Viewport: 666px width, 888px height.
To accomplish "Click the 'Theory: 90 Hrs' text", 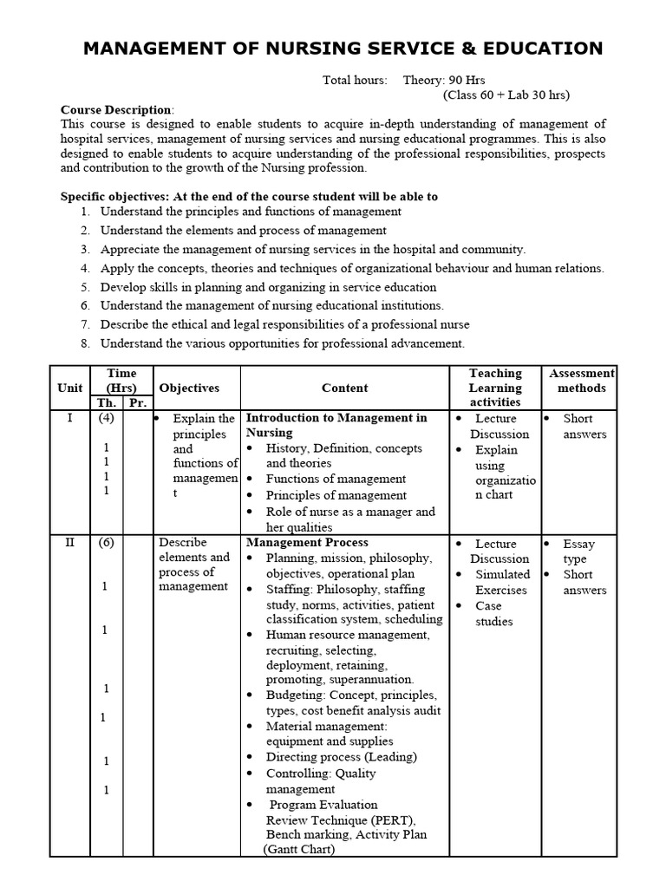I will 444,80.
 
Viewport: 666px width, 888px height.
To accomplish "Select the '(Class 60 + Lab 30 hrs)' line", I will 506,95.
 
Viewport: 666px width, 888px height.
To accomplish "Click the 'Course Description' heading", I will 115,110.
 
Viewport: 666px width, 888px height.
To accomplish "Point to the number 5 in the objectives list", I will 86,287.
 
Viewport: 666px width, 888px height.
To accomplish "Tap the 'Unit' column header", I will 70,388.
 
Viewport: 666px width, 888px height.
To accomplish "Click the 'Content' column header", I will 344,388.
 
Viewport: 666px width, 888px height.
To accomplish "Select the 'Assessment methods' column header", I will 582,381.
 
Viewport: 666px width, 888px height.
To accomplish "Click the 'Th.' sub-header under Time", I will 105,403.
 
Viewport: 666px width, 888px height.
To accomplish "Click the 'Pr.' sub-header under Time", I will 136,403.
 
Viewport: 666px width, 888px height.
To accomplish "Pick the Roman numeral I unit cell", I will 70,419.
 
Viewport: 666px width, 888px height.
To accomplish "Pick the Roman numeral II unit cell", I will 70,544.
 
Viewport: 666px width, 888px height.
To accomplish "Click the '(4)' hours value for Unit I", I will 106,419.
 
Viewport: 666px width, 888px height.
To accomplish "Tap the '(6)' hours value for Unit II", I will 106,544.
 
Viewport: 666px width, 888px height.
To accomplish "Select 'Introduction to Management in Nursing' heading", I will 336,425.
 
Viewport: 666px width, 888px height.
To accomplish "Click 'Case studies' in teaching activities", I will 493,614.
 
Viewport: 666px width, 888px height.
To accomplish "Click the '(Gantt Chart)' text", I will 299,850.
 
